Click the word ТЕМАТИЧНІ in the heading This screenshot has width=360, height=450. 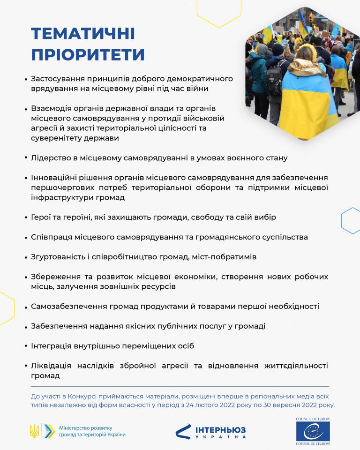tap(83, 34)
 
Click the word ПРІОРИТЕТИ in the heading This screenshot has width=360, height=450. tap(88, 55)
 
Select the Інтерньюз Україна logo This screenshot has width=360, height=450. tap(210, 431)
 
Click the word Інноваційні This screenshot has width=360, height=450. tap(55, 178)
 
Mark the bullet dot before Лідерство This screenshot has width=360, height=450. tap(25, 158)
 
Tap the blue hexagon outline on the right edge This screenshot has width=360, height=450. tap(351, 220)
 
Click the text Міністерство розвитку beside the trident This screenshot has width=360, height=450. tap(86, 427)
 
